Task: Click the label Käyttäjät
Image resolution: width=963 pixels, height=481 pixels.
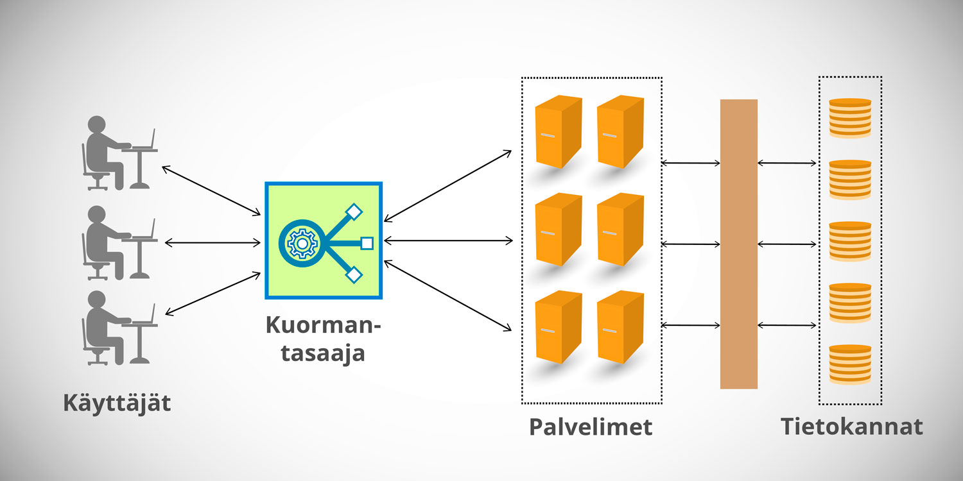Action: point(117,404)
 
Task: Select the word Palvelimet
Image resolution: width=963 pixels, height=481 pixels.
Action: point(591,426)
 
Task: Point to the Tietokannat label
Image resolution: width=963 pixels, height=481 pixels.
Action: point(851,426)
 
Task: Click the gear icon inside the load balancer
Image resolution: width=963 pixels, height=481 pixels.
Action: point(300,243)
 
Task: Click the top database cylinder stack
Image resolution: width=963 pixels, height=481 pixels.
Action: point(850,118)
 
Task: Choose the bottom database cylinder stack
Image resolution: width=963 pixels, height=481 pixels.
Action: point(850,364)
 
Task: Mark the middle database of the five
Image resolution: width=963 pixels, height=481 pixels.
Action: point(850,241)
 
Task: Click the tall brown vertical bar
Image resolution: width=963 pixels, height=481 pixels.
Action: point(738,244)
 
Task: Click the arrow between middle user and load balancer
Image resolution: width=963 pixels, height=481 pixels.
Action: point(213,242)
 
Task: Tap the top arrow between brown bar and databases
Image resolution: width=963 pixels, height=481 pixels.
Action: point(787,164)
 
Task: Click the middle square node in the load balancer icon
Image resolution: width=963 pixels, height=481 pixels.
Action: point(367,243)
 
